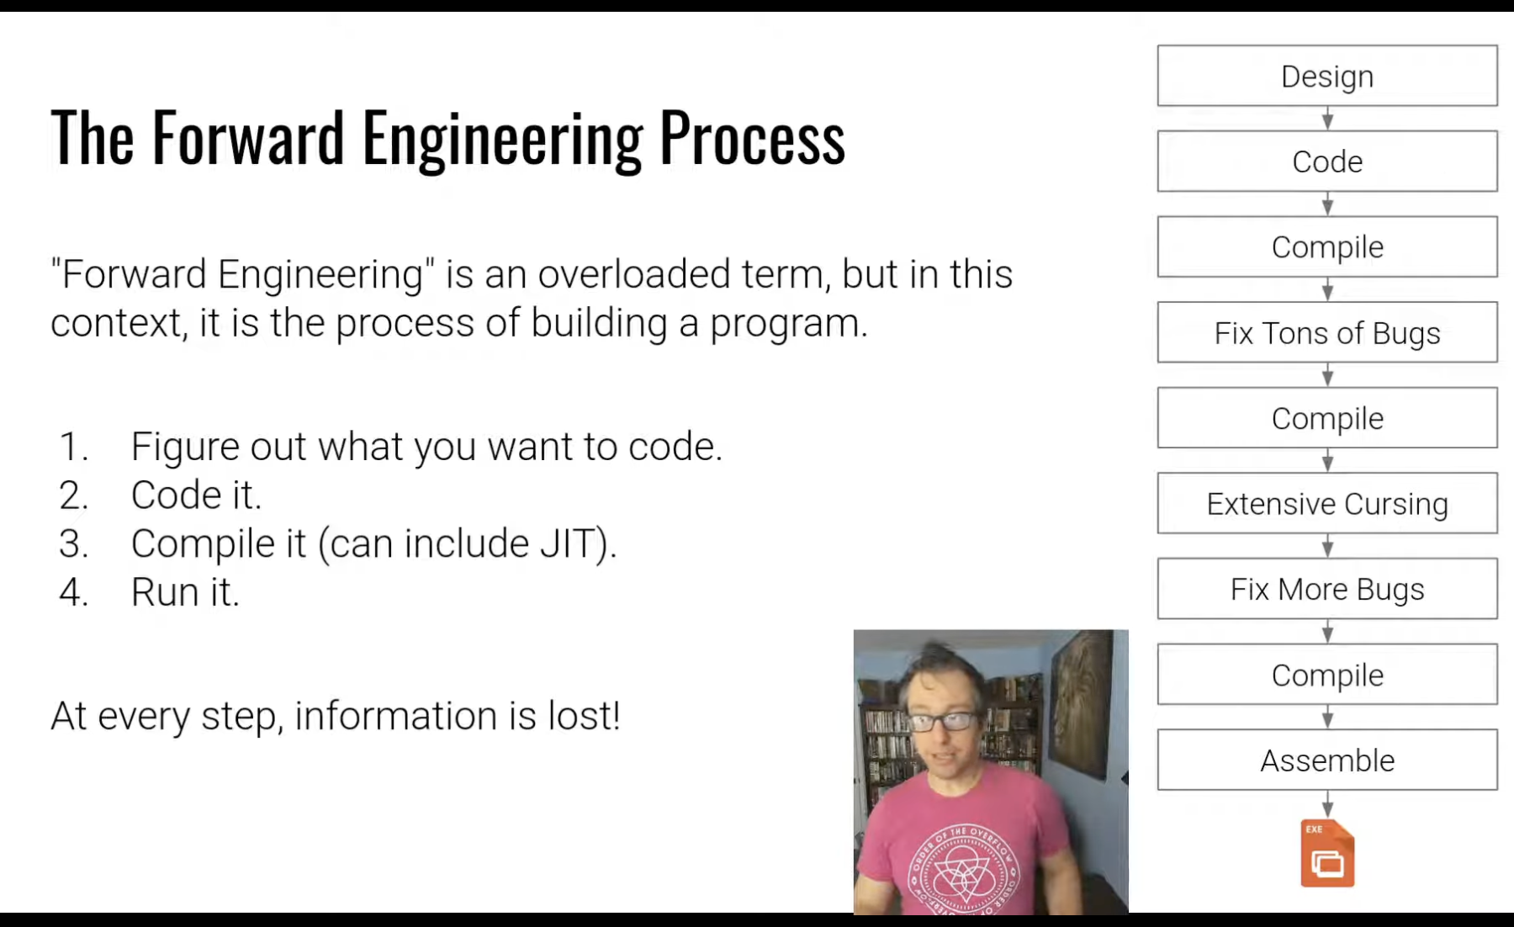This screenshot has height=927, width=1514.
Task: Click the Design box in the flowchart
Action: click(x=1327, y=76)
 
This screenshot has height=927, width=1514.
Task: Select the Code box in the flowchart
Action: click(x=1327, y=162)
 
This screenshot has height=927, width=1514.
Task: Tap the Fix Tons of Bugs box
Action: click(x=1327, y=332)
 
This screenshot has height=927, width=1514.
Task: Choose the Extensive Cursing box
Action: click(x=1327, y=503)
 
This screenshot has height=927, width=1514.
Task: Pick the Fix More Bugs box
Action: click(x=1327, y=589)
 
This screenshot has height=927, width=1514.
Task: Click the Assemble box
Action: click(x=1327, y=760)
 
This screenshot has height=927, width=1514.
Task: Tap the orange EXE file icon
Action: click(x=1327, y=853)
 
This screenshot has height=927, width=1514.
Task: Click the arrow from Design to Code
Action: click(x=1327, y=119)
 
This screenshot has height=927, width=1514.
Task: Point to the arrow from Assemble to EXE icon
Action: click(x=1327, y=804)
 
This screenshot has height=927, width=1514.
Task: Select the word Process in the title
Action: click(x=752, y=140)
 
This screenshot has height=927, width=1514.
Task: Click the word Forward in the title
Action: click(x=248, y=137)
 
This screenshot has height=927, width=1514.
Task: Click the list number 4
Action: click(x=73, y=592)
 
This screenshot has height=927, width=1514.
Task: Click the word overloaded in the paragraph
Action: click(x=634, y=274)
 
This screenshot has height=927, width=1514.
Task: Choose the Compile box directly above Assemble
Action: click(x=1327, y=675)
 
